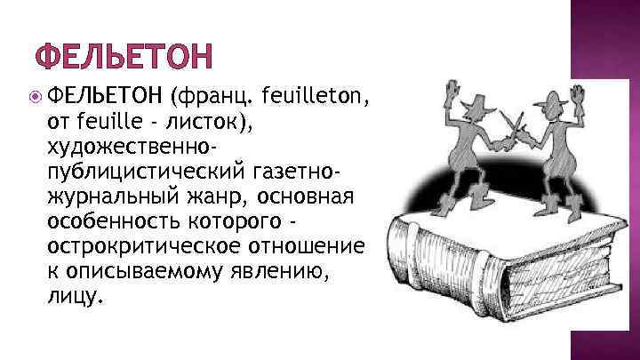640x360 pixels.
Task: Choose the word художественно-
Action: point(131,144)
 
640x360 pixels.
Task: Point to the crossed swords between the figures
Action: point(513,124)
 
